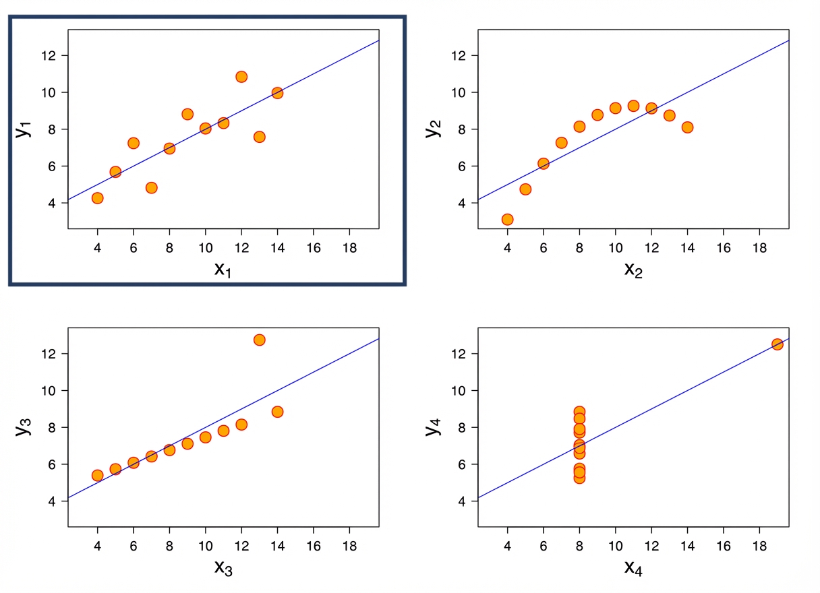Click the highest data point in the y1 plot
coord(241,77)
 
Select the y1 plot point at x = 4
coord(97,198)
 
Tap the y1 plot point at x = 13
coord(259,137)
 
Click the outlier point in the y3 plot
coord(259,340)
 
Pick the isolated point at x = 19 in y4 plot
coord(777,344)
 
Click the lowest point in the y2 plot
coord(507,220)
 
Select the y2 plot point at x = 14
coord(687,127)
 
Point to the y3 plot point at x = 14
coord(277,412)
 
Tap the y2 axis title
coord(432,128)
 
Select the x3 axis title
coord(225,567)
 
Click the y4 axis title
coord(432,427)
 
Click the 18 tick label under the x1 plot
coord(349,246)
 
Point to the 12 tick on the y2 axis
coord(462,55)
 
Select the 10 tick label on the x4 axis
coord(615,544)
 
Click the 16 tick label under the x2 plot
coord(723,246)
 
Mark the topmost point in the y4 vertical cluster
coord(579,412)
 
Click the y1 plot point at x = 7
coord(151,188)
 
